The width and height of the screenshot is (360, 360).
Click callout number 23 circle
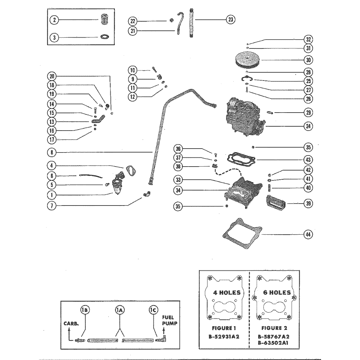click(230, 20)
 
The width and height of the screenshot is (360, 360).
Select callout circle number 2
click(54, 20)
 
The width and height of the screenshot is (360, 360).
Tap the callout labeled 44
click(308, 234)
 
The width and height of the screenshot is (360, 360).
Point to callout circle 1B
click(85, 310)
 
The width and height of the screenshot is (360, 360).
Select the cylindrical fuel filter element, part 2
click(104, 19)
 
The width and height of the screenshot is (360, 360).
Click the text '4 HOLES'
click(227, 293)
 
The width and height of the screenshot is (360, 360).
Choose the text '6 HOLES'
click(277, 293)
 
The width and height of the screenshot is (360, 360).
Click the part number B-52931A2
click(224, 336)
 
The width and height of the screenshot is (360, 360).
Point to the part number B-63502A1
click(273, 343)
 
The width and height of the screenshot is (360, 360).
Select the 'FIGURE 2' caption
click(273, 328)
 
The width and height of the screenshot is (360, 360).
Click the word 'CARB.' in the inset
click(71, 323)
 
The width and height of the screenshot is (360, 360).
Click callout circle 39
click(308, 204)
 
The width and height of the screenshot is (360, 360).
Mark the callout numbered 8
click(52, 152)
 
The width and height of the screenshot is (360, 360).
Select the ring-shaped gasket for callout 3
click(105, 37)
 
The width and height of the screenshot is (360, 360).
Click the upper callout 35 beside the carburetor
click(308, 147)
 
